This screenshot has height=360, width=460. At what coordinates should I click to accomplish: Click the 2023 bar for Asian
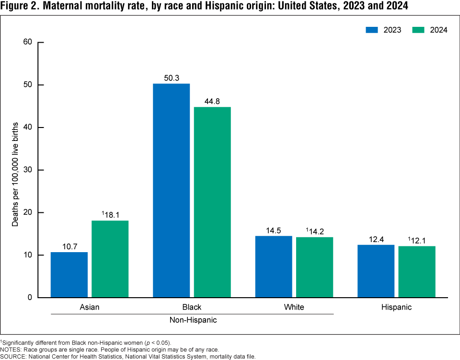click(x=69, y=275)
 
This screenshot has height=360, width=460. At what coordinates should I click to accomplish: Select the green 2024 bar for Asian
click(x=110, y=259)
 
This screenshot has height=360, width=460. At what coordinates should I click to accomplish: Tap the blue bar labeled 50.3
click(x=171, y=190)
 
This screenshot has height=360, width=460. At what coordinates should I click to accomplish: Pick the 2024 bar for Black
click(x=212, y=202)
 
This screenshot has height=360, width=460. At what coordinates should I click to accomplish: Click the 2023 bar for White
click(x=274, y=267)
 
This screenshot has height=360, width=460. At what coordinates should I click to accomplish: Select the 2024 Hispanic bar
click(x=417, y=272)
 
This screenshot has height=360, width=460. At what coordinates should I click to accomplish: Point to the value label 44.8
click(x=212, y=101)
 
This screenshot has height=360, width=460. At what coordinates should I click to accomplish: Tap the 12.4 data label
click(x=376, y=239)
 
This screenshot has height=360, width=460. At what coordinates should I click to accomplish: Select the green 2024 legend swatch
click(x=418, y=30)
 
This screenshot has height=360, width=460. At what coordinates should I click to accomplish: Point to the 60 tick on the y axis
click(x=27, y=42)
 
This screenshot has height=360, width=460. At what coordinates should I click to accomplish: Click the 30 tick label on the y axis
click(x=27, y=170)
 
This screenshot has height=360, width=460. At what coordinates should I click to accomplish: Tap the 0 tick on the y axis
click(x=30, y=297)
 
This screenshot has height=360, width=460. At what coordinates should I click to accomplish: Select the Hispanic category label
click(x=396, y=307)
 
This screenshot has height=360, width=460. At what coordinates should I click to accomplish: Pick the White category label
click(x=294, y=307)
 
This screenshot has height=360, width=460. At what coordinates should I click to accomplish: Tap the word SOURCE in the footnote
click(x=13, y=356)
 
